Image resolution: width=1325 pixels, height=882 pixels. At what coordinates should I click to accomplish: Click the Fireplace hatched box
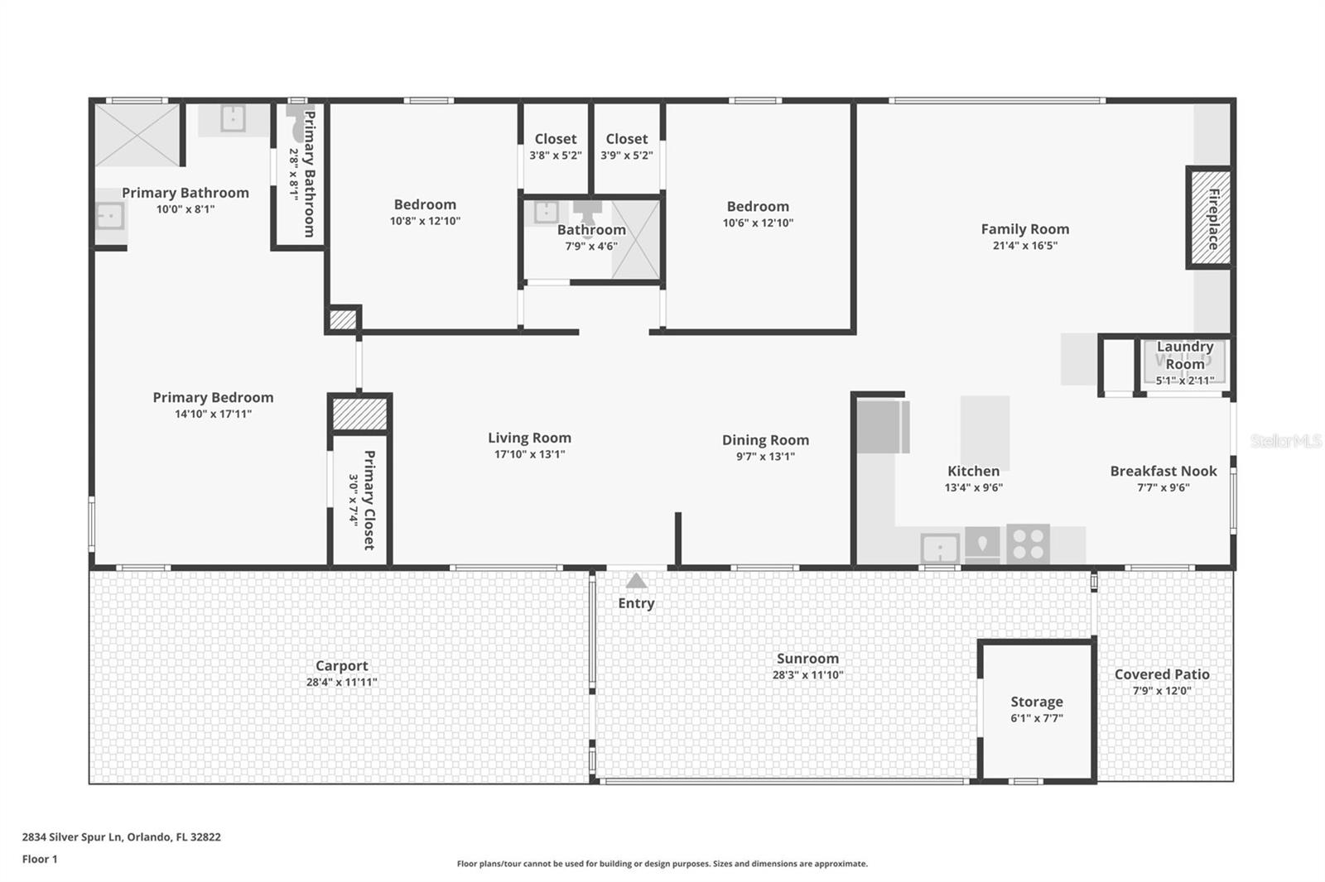[x=1210, y=218]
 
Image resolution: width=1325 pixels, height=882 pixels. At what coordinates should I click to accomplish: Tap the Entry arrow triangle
[x=636, y=581]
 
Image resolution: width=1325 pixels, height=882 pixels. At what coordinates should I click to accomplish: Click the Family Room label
[x=1024, y=229]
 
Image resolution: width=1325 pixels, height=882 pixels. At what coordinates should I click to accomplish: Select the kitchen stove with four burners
[x=1028, y=544]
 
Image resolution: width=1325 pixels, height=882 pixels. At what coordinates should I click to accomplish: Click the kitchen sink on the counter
[x=940, y=548]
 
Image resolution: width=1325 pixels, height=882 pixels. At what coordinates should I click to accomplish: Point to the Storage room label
[x=1036, y=702]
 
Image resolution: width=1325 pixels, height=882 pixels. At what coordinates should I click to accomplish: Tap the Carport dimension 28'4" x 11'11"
[x=341, y=683]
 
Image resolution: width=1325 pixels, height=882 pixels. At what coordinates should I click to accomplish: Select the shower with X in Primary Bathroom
[x=137, y=134]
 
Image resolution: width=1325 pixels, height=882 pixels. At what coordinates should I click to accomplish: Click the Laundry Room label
[x=1184, y=356]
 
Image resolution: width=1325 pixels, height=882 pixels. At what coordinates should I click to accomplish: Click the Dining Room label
[x=765, y=440]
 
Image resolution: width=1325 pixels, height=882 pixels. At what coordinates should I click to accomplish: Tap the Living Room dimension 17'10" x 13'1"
[x=529, y=454]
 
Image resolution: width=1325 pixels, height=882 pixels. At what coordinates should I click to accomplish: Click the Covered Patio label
[x=1161, y=674]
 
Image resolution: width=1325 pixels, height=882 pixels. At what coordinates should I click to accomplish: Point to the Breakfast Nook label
[x=1163, y=471]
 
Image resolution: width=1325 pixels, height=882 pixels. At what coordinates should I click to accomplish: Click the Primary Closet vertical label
[x=369, y=500]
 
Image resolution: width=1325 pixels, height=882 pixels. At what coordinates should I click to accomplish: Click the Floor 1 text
[x=40, y=859]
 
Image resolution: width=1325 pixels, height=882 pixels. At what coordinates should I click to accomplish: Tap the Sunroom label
[x=807, y=659]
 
